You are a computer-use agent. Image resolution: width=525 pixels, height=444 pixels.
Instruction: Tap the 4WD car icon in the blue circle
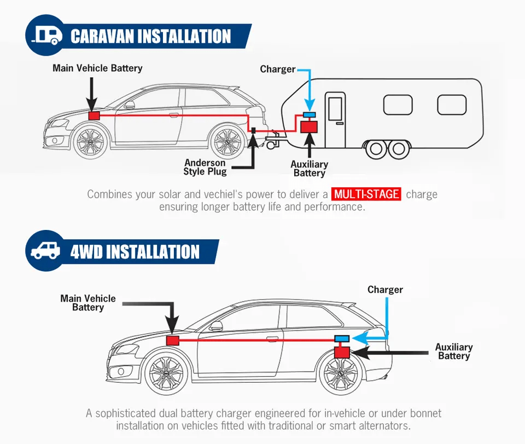point(45,250)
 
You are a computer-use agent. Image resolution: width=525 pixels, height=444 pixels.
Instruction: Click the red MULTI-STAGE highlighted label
point(366,194)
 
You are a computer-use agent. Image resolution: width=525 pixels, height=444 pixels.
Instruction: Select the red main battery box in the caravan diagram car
point(94,116)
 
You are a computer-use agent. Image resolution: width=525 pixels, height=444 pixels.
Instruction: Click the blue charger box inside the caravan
point(309,115)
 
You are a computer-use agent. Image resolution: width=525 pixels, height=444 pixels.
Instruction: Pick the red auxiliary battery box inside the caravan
point(308,127)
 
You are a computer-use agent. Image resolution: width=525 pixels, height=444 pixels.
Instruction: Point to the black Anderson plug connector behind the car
point(254,130)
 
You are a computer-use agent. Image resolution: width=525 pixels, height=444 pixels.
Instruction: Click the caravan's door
point(335,120)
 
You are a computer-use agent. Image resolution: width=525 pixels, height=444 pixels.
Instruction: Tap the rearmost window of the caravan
point(452,105)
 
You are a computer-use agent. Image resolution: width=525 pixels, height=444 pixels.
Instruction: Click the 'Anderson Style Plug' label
point(205,167)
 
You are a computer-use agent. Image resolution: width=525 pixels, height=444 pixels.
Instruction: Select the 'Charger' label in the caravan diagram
point(278,70)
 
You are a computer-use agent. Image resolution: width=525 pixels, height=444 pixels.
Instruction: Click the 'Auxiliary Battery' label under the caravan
point(309,169)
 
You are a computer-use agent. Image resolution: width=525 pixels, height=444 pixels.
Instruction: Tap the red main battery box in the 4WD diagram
point(173,341)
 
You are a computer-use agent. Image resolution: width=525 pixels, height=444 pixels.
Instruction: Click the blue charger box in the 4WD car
point(342,338)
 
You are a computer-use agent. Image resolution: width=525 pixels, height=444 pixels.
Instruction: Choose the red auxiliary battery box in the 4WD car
point(342,353)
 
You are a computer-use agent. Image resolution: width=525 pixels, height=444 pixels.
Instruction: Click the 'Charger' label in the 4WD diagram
point(385,290)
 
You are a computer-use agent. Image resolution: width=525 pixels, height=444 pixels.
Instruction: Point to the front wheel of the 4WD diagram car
point(166,373)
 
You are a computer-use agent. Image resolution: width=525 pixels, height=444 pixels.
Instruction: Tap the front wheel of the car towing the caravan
point(90,141)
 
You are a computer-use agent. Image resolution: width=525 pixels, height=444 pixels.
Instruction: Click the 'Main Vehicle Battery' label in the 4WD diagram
point(88,303)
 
